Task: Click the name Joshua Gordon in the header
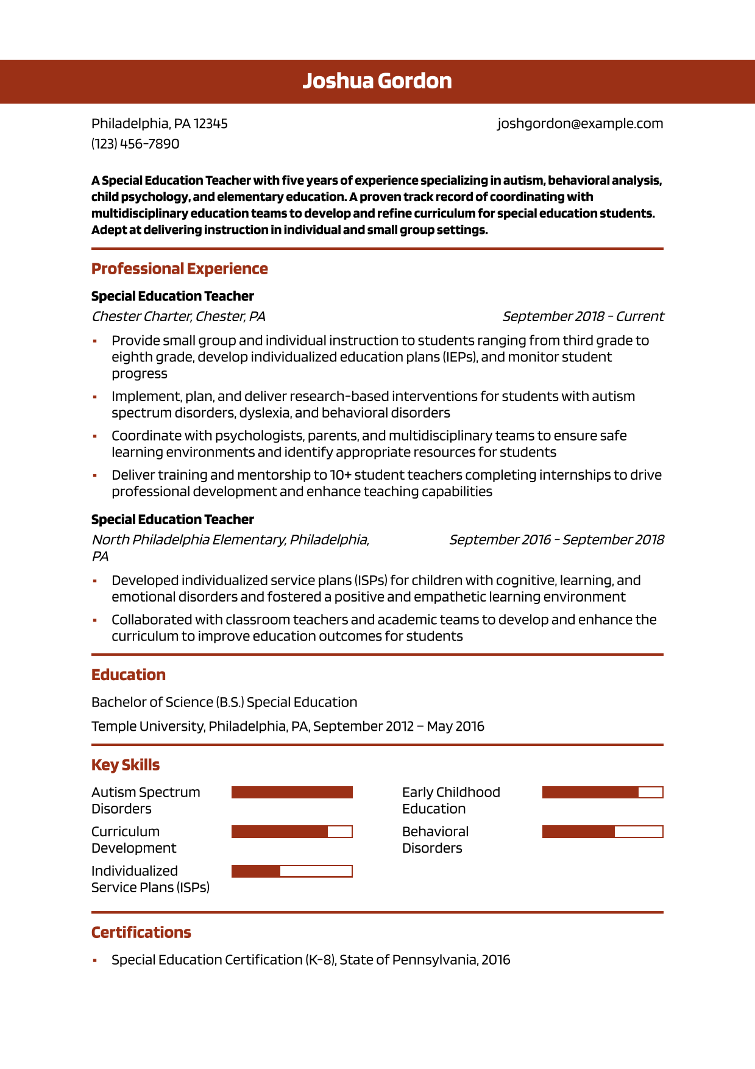(x=377, y=81)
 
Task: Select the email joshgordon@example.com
(x=580, y=124)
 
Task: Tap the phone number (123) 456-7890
(x=135, y=144)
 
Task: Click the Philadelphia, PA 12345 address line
(x=159, y=124)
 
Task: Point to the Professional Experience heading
(x=179, y=269)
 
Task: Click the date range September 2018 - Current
(x=583, y=316)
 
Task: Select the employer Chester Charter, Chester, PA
(x=178, y=316)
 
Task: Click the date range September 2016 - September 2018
(x=556, y=540)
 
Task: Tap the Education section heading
(x=129, y=675)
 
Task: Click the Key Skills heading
(x=126, y=765)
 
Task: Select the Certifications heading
(x=141, y=932)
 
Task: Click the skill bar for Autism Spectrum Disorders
(x=292, y=792)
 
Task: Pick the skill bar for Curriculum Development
(x=292, y=832)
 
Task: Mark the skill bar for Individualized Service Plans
(x=292, y=872)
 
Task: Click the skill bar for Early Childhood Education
(x=602, y=792)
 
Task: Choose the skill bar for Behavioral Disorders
(x=602, y=832)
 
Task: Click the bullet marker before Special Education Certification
(x=94, y=961)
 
